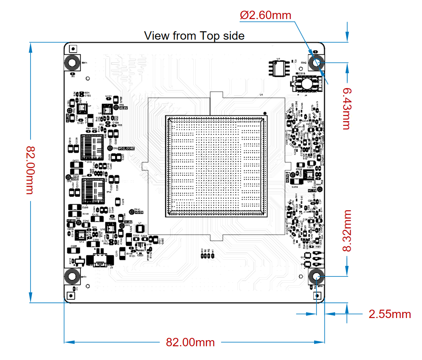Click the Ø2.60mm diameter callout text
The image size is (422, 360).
tap(265, 15)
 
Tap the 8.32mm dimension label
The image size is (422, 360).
tap(346, 230)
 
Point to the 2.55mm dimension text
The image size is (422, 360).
tap(390, 314)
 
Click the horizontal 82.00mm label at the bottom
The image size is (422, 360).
tap(190, 342)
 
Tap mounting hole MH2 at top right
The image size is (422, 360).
tap(316, 63)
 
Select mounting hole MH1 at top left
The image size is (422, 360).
tap(72, 63)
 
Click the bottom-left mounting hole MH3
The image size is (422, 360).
tap(72, 276)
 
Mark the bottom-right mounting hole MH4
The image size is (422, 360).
tap(316, 277)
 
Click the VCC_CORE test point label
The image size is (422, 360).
tap(126, 148)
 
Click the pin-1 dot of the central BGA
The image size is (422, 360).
tap(265, 113)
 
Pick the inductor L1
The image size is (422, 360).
tap(140, 229)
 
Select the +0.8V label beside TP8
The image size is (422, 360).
tap(124, 108)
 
